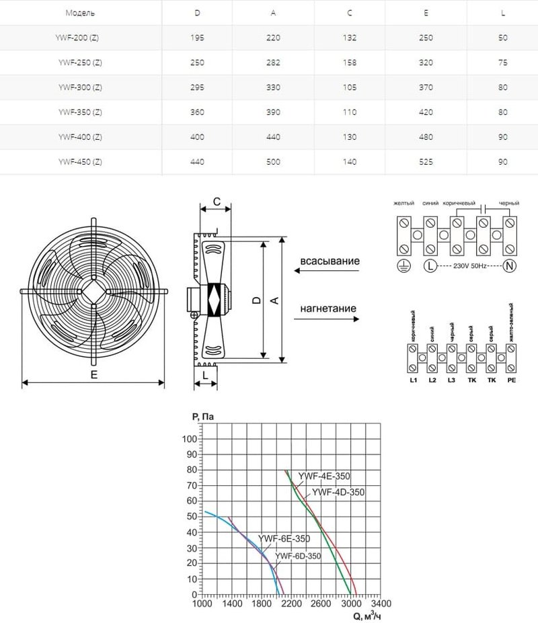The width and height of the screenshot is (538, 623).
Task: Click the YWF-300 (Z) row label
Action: [x=80, y=87]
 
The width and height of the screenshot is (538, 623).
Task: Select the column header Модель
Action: [x=80, y=13]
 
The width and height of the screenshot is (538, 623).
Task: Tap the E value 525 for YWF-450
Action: [x=426, y=161]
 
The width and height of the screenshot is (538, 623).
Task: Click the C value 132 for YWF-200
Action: [x=349, y=38]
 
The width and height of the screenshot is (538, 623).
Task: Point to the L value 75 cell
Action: [x=503, y=63]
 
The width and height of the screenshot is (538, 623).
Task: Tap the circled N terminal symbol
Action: [x=509, y=266]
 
